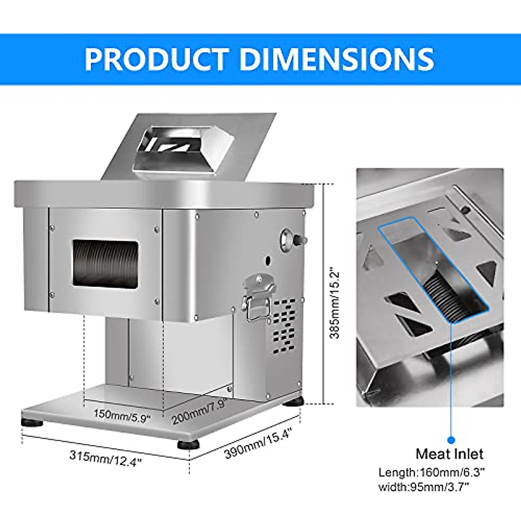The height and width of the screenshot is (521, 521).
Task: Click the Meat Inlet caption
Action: [x=449, y=454]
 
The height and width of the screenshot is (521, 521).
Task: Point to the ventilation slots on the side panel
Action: [x=284, y=323]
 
